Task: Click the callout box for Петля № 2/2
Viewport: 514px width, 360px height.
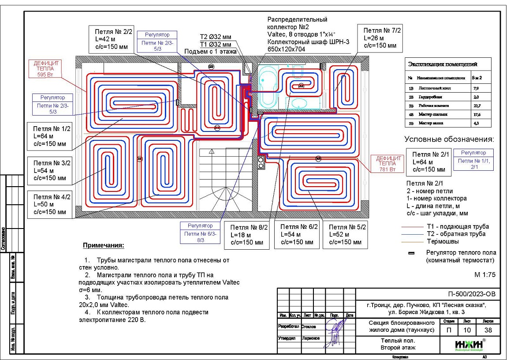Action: point(110,39)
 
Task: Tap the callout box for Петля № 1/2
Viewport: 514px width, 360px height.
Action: point(48,135)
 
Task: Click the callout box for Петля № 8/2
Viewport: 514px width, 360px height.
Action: point(246,235)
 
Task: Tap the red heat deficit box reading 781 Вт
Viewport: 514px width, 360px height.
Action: point(387,163)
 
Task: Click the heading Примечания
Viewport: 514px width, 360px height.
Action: point(104,245)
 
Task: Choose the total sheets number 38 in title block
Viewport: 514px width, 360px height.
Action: point(488,330)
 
